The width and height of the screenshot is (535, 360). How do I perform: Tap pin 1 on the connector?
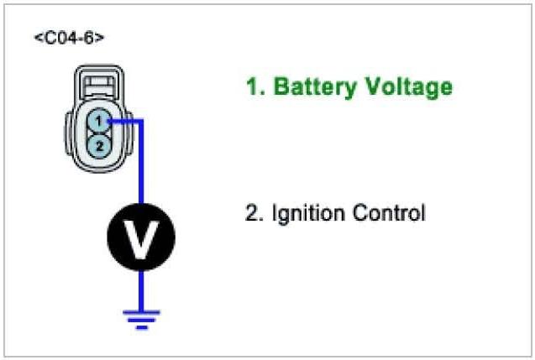(98, 123)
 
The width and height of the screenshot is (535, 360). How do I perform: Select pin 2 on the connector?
(98, 145)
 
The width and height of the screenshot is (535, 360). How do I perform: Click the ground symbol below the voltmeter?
(140, 317)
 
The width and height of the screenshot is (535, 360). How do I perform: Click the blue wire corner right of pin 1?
(141, 122)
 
